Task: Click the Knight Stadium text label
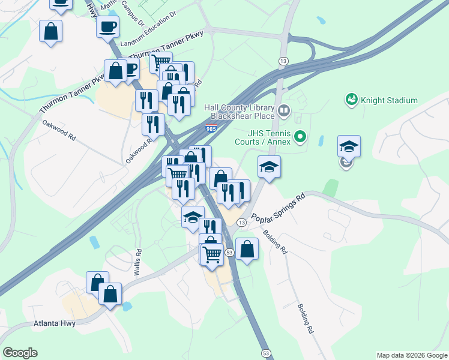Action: pyautogui.click(x=389, y=100)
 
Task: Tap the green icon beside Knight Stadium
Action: pyautogui.click(x=351, y=99)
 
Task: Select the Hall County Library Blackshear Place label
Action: pyautogui.click(x=239, y=112)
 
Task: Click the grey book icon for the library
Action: pyautogui.click(x=283, y=111)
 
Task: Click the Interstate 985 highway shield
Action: pyautogui.click(x=211, y=129)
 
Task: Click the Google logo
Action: pyautogui.click(x=20, y=353)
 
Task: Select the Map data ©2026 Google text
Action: pyautogui.click(x=411, y=355)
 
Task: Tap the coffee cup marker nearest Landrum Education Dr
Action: pyautogui.click(x=107, y=28)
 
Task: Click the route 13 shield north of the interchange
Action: pyautogui.click(x=283, y=61)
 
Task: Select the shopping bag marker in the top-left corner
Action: pyautogui.click(x=51, y=31)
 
